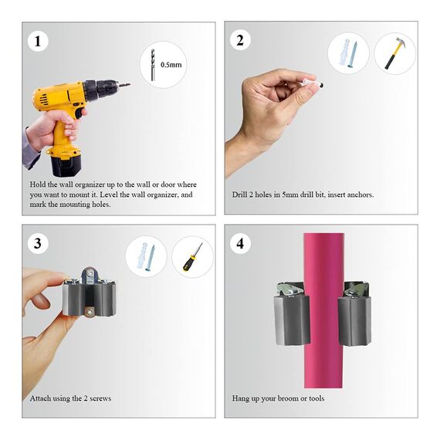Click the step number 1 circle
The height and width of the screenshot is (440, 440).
pos(36,41)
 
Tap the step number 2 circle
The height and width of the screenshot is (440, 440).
pos(239,41)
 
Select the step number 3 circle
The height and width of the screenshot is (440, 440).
pos(36,244)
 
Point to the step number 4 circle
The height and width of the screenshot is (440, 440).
pos(239,244)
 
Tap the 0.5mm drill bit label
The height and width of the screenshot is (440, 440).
pos(171,65)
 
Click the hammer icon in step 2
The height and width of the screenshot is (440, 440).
pos(394,53)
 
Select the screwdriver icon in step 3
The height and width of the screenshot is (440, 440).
pos(192,256)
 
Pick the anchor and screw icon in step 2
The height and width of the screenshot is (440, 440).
pos(347,53)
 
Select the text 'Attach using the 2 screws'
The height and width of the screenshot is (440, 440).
pos(70,398)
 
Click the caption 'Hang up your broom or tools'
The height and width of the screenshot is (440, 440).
pos(278,398)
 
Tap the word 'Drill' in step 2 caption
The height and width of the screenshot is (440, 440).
pos(240,195)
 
